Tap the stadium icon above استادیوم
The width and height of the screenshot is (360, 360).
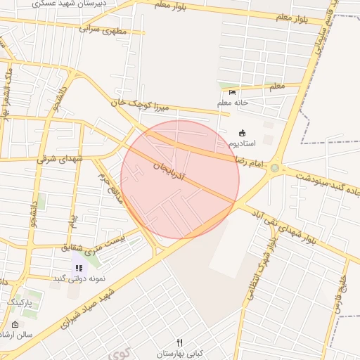[x=243, y=133]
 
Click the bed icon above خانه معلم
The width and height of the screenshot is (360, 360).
[x=233, y=92]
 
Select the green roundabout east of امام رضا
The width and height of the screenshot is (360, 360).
[x=275, y=168]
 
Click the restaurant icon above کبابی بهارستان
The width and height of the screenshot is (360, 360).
[x=180, y=342]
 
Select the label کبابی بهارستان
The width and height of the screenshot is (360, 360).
[x=180, y=352]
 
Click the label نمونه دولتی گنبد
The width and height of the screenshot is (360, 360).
[x=79, y=278]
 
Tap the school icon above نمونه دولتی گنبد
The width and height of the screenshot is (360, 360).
[x=79, y=268]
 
